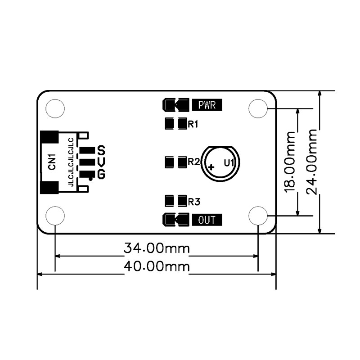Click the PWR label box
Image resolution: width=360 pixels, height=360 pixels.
pos(207,105)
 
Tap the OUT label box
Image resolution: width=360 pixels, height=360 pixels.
pos(207,220)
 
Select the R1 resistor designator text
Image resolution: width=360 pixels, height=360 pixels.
pos(193,124)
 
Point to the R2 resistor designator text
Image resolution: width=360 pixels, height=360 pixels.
pos(194,162)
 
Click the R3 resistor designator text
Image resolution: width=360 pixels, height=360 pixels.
pos(194,202)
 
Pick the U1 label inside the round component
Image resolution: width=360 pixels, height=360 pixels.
pos(229,163)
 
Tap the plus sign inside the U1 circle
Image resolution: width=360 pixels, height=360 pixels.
pos(211,167)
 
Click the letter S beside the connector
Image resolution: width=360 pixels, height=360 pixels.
pos(101,150)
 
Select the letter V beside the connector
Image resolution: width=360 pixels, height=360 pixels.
pos(101,162)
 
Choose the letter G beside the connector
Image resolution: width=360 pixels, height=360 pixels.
pos(101,174)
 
